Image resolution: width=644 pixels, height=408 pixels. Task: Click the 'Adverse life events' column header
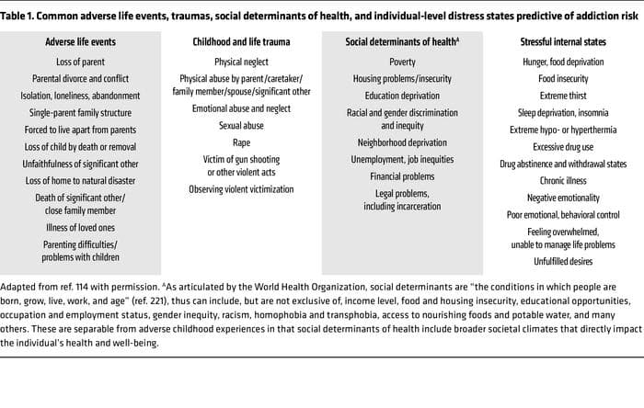point(80,42)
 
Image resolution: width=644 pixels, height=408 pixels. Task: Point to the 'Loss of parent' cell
point(80,62)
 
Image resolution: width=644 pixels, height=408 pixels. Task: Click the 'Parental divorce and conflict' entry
point(80,78)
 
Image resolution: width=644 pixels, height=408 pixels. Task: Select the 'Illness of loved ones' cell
point(80,226)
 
